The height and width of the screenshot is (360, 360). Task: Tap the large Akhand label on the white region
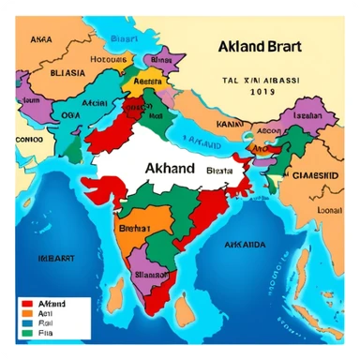click(x=171, y=169)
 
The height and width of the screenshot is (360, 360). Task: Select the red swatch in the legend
click(x=26, y=304)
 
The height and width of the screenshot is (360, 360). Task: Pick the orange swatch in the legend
click(x=26, y=313)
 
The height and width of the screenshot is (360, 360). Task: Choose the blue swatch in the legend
click(x=26, y=322)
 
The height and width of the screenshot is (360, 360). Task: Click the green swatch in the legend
click(x=26, y=331)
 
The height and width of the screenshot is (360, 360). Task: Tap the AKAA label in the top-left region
click(x=40, y=40)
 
